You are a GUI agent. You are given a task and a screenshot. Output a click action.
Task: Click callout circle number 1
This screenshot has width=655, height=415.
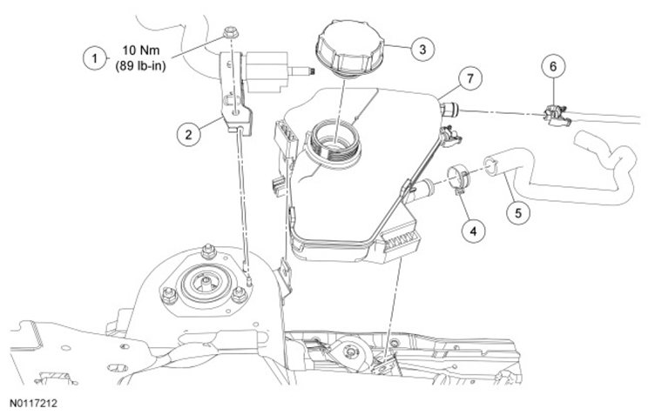point(95,58)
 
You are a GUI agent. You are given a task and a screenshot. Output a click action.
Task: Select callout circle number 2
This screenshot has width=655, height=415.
point(188,134)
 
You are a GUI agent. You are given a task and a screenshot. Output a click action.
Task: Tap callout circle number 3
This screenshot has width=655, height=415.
point(422,50)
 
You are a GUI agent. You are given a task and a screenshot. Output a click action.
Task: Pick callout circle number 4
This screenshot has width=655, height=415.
point(473,230)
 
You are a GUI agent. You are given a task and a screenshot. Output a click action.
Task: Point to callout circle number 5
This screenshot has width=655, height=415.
point(518,212)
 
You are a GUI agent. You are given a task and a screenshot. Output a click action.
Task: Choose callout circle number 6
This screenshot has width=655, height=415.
point(553,66)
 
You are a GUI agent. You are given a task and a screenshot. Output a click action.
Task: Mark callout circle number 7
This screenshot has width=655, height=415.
point(470,78)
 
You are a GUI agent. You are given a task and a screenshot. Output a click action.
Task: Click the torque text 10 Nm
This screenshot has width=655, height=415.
point(141,50)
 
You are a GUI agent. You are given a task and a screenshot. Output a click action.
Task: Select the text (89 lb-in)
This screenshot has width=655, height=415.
point(141,66)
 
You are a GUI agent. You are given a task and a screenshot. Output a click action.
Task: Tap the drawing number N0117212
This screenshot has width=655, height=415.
point(33,404)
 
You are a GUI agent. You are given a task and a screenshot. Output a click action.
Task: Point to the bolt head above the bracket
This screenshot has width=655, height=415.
point(229,31)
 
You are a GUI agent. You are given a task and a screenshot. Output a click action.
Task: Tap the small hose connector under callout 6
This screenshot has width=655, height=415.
point(556,115)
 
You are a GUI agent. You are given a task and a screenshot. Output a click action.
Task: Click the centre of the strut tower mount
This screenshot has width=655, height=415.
point(206,284)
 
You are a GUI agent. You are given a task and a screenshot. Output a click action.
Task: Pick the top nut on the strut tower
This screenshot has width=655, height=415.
point(207,251)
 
